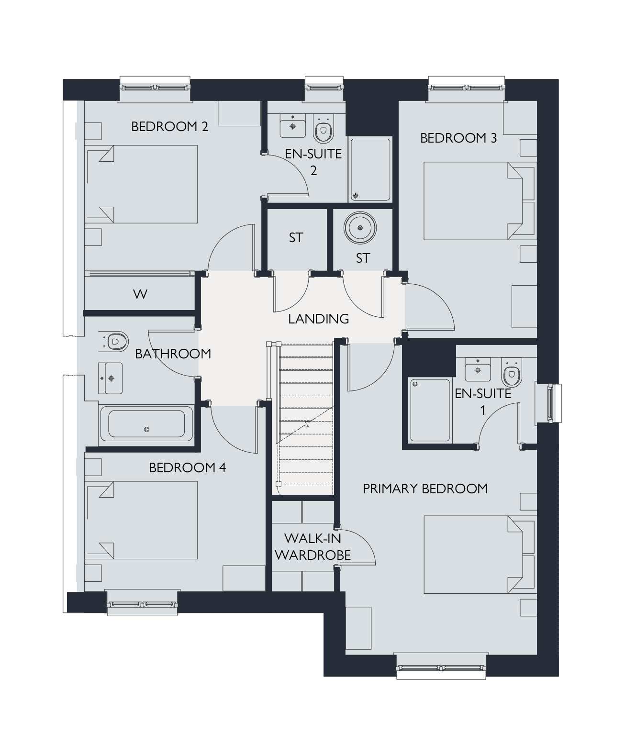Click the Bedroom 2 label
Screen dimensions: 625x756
coord(169,127)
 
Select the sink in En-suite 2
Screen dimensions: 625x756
coord(292,126)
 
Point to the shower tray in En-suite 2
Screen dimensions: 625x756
coord(370,169)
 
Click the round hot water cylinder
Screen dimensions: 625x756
coord(360,228)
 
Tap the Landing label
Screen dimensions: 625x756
coord(319,319)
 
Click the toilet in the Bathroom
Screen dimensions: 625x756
coord(113,342)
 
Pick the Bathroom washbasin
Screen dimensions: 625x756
coord(111,378)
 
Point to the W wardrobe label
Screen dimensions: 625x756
coord(140,294)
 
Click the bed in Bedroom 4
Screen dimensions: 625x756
coord(141,520)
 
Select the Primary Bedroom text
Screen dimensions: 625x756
coord(425,489)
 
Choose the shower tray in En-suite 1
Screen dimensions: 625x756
coord(430,410)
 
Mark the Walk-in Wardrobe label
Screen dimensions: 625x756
coord(313,547)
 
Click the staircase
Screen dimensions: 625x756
coord(305,418)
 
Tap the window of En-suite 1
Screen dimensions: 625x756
coord(549,403)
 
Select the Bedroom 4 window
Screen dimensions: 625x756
coord(142,603)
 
